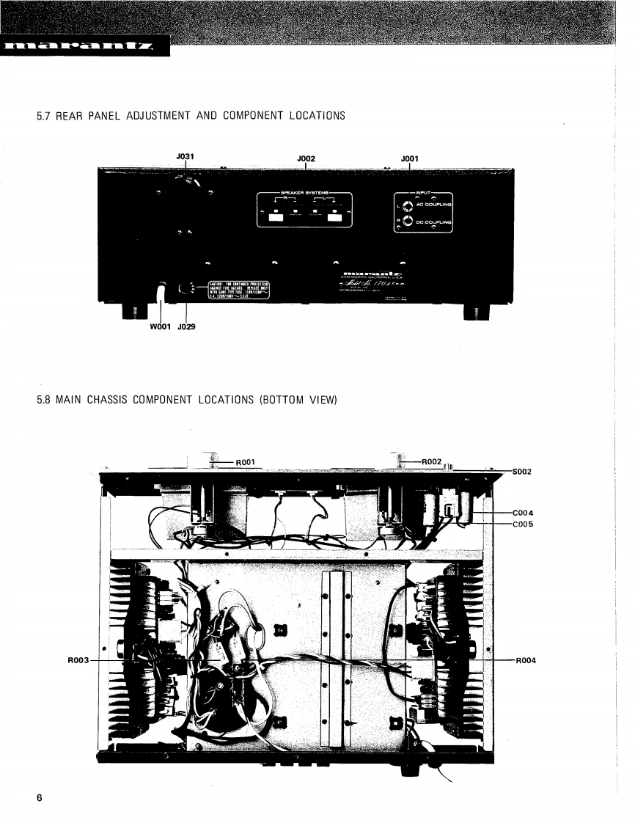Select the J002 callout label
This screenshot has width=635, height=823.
306,158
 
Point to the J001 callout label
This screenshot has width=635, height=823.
410,158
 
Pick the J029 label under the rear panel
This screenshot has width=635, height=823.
186,327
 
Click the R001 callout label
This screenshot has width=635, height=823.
245,462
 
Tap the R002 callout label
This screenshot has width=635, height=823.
432,461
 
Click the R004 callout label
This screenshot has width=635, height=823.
526,660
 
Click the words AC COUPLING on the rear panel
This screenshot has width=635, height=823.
434,205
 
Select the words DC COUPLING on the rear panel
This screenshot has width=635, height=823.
434,221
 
